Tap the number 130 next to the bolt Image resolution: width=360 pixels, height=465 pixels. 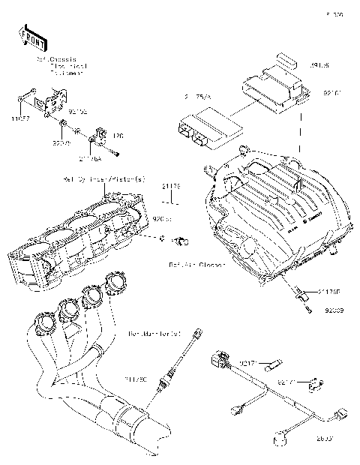117,136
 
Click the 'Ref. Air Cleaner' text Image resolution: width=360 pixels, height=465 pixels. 196,265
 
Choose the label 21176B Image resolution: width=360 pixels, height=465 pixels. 328,289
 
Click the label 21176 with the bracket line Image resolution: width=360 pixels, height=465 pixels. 172,184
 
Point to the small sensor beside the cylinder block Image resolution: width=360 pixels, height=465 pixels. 182,241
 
